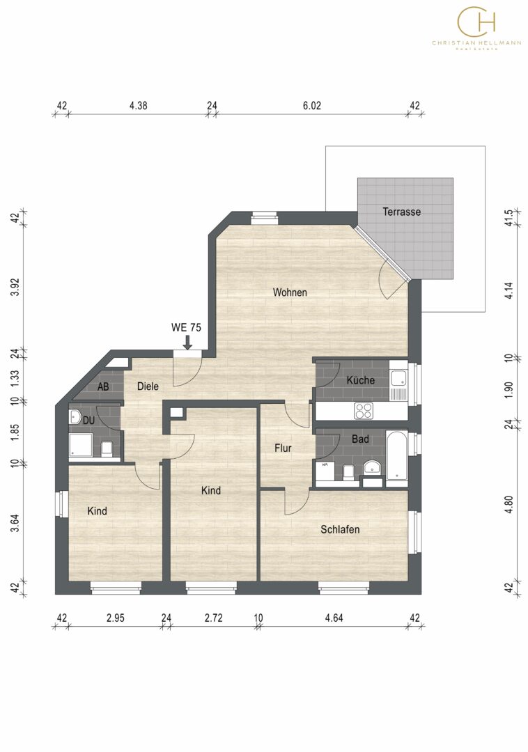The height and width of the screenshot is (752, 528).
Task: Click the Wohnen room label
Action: [x=290, y=292]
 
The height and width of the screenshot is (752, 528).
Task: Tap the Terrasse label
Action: [x=401, y=212]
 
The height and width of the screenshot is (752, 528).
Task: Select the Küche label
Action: [x=360, y=380]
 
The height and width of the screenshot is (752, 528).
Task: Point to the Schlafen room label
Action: [x=340, y=529]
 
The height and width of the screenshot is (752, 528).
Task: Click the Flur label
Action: [x=283, y=448]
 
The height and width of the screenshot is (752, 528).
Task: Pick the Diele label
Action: [x=148, y=386]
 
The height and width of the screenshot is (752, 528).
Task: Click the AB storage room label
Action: [x=103, y=386]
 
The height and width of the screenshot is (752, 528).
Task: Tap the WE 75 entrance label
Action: [x=186, y=328]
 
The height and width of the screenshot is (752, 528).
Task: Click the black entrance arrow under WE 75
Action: [x=187, y=343]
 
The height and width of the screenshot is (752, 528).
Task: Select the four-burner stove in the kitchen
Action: [x=364, y=411]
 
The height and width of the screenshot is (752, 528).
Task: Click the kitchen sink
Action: [x=398, y=378]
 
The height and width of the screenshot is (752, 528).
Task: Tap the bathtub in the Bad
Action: [x=396, y=455]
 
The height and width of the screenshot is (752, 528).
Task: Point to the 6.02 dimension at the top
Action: [x=312, y=106]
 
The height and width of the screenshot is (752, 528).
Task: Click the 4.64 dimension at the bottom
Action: [x=334, y=618]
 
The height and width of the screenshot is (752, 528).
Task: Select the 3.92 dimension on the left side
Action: [x=15, y=287]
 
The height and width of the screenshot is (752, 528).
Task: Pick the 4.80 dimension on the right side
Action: [x=508, y=505]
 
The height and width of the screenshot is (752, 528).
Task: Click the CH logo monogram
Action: [x=476, y=22]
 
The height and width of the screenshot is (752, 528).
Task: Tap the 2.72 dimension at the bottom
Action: [x=213, y=618]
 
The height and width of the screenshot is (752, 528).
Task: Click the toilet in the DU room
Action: [x=107, y=448]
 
